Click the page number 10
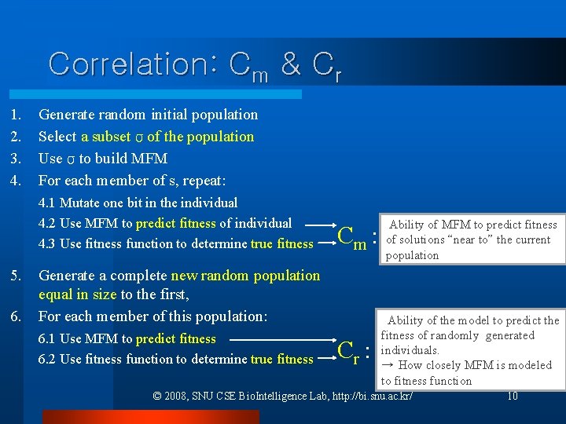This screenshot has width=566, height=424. point(512,396)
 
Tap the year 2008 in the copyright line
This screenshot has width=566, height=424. point(178,396)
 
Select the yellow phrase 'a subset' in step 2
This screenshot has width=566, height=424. point(105,137)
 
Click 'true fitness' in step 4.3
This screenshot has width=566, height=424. point(281,243)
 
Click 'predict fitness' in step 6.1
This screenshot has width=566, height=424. point(175,338)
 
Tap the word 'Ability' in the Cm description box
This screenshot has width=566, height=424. point(407,225)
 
